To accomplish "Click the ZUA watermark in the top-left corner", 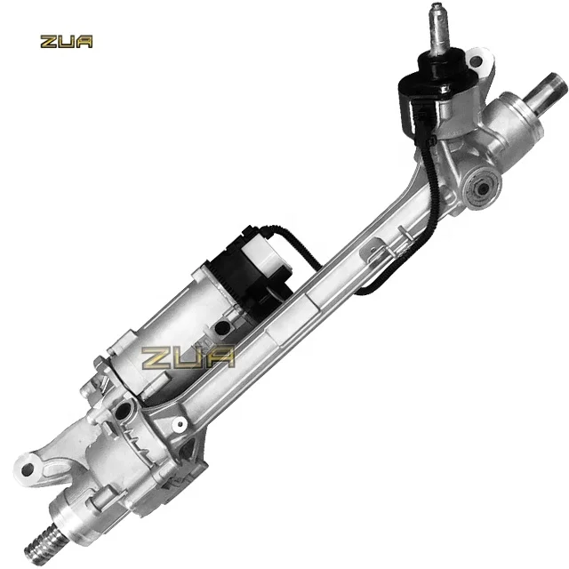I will point(66,41).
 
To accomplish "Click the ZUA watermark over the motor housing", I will point(189,357).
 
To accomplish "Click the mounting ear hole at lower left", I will point(27,465).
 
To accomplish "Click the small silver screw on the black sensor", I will point(442,88).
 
